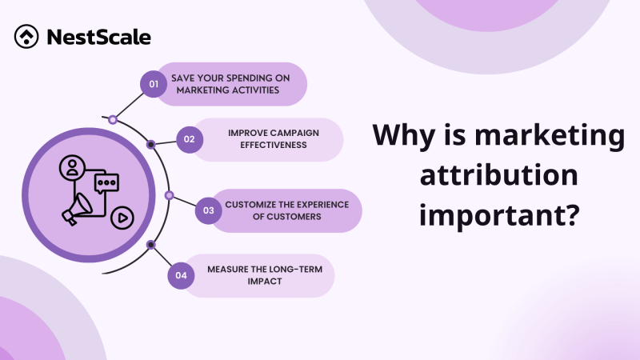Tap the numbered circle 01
pos(151,82)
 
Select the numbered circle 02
pos(190,139)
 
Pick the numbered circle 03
pos(208,211)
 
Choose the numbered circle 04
pos(181,275)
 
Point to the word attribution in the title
pos(497,175)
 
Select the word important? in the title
pos(497,215)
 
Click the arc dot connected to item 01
pos(113,120)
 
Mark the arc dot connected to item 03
pos(169,195)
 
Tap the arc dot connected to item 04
pos(151,244)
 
